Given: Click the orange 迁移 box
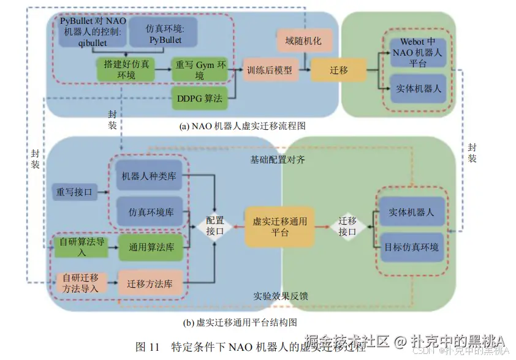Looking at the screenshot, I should coord(338,70).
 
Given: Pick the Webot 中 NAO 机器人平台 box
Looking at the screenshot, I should coord(417,53).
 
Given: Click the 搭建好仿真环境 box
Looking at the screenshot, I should coord(125,70).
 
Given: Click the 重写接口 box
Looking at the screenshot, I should coord(75,192).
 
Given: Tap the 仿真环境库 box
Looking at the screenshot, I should coord(150,211).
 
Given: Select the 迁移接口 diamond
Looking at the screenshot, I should coord(347,226).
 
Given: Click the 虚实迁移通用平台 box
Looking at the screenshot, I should coord(280,227).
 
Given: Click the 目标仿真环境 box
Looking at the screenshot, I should coord(411,247).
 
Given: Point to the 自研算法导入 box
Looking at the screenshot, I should coord(81,247).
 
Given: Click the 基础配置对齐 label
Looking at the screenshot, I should coord(277,160).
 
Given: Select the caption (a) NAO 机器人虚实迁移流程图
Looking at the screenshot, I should coord(242,126).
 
